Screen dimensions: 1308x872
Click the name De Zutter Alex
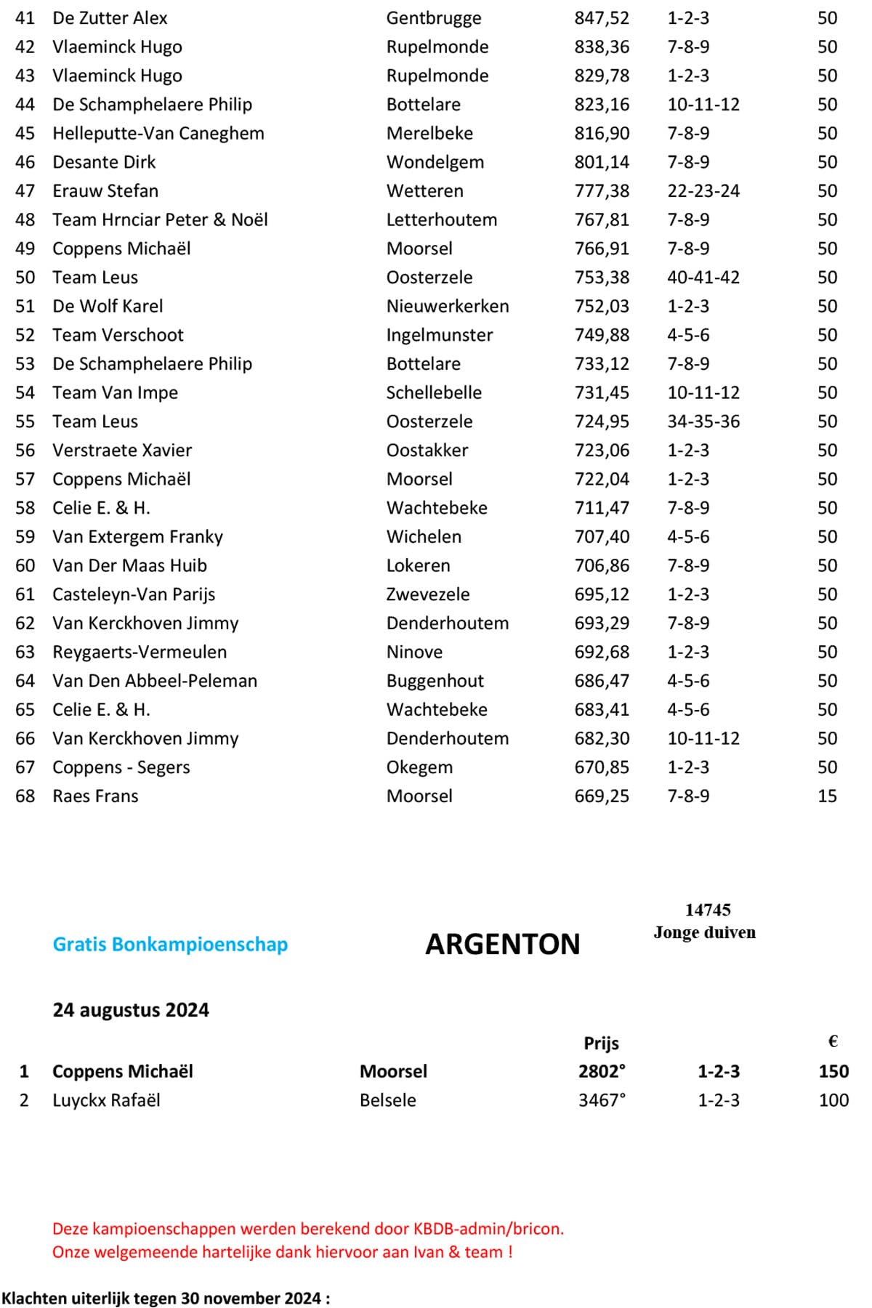click(x=110, y=18)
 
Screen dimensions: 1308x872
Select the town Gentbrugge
click(x=434, y=18)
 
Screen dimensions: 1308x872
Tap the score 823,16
click(x=602, y=105)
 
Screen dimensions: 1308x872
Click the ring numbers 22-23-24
click(x=703, y=191)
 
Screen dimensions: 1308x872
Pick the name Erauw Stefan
click(x=105, y=191)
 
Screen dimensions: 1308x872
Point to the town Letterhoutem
click(x=442, y=219)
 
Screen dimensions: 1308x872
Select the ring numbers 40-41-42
click(x=703, y=278)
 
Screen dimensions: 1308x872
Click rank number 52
click(x=25, y=335)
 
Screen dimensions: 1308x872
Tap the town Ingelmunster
click(x=440, y=335)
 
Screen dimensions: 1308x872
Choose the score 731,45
click(x=602, y=392)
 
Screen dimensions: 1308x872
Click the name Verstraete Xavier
click(x=122, y=451)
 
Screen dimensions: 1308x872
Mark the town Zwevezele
click(x=428, y=594)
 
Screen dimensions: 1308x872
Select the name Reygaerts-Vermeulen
click(x=140, y=652)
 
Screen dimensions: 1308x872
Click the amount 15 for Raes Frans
click(x=827, y=796)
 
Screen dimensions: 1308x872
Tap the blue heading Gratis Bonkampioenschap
click(x=170, y=945)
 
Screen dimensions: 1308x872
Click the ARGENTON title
click(x=503, y=945)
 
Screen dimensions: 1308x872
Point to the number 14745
click(x=708, y=910)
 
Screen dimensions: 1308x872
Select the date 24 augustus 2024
click(x=131, y=1010)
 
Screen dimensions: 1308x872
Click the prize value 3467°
click(x=602, y=1100)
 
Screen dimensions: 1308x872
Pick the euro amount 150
click(x=833, y=1072)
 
